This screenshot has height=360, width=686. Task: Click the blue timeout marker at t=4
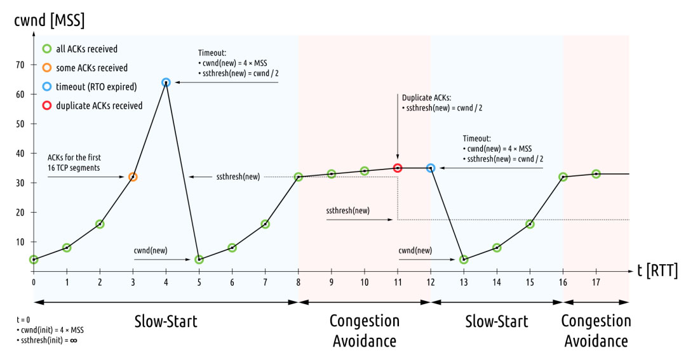tap(166, 82)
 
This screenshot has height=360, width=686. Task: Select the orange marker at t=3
tap(133, 177)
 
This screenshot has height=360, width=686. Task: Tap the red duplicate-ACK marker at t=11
tap(398, 168)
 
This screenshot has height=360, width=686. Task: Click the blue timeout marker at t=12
tap(431, 168)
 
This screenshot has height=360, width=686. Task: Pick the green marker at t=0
tap(34, 259)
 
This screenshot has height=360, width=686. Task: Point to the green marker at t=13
tap(464, 259)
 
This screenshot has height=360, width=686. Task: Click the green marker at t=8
tap(299, 177)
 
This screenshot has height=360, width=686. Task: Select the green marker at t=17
tap(596, 173)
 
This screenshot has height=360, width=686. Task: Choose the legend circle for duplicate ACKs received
tap(47, 105)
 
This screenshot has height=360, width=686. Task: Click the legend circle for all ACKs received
tap(47, 49)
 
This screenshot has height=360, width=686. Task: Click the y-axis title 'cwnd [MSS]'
tap(50, 21)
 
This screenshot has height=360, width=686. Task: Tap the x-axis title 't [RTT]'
tap(658, 271)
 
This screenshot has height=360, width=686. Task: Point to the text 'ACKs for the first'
tap(76, 157)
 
